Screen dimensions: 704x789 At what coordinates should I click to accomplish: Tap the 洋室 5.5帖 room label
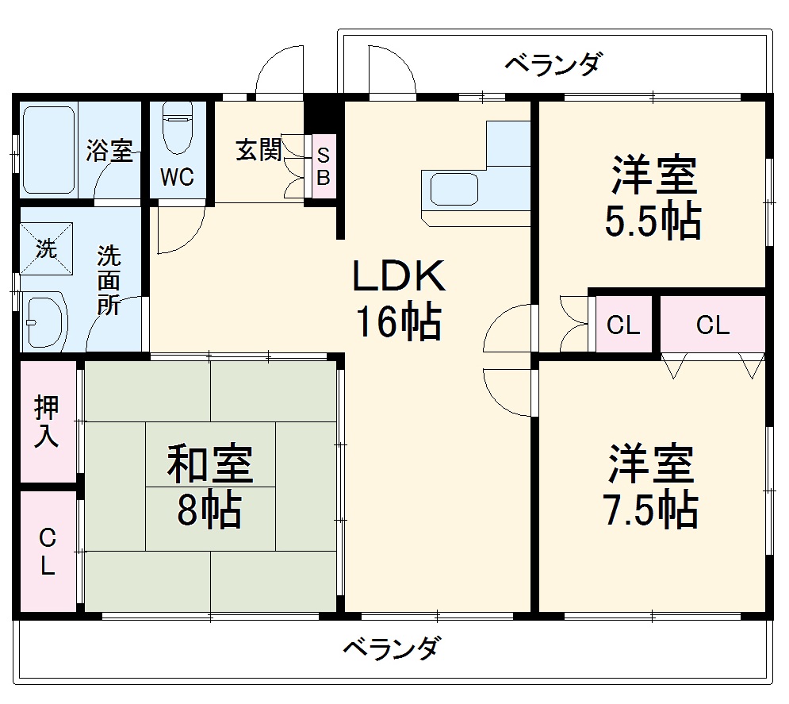click(653, 199)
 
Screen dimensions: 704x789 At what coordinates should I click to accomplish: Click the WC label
click(177, 177)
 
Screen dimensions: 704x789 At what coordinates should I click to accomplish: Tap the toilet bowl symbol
click(177, 129)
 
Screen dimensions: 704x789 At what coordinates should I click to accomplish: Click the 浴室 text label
click(109, 151)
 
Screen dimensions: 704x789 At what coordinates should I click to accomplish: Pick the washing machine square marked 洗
click(47, 249)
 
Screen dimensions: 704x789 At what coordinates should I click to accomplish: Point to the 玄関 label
click(259, 150)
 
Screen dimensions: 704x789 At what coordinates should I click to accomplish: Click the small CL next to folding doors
click(622, 325)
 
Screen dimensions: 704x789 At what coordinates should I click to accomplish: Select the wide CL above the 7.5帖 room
click(712, 325)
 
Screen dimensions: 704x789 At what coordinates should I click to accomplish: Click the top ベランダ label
click(553, 63)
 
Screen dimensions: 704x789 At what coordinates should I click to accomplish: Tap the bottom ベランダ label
click(391, 648)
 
